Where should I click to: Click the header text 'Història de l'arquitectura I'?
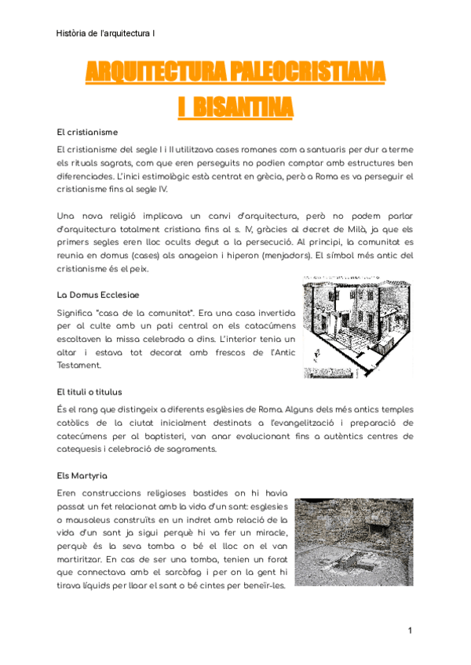(x=106, y=33)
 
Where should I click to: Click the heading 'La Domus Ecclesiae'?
(x=97, y=295)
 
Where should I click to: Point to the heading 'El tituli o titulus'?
(x=89, y=391)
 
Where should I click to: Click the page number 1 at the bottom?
(x=410, y=630)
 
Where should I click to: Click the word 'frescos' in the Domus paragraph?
(x=204, y=351)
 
